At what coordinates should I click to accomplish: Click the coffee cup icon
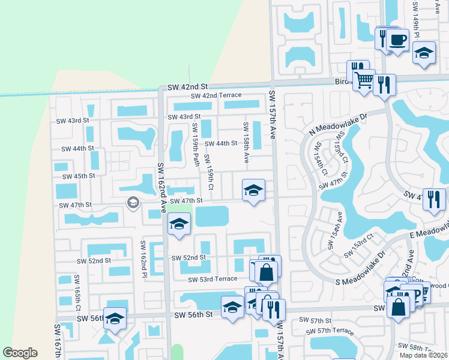397,40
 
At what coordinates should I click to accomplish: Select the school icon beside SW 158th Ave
253,191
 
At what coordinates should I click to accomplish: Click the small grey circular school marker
132,204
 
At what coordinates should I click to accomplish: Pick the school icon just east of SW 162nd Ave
178,225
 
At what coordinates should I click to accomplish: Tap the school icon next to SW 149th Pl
424,53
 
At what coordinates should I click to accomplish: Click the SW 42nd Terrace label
216,95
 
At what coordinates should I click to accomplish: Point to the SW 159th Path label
195,145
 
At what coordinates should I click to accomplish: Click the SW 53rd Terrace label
212,280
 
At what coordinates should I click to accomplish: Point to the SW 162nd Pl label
144,259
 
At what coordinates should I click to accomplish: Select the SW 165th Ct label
77,293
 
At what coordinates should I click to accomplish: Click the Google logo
20,353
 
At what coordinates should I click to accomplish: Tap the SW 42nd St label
187,86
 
